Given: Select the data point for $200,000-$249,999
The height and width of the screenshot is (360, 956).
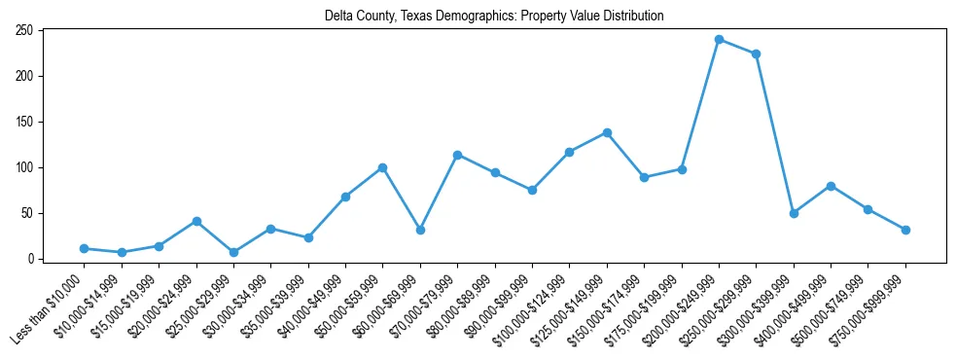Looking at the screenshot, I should (719, 39).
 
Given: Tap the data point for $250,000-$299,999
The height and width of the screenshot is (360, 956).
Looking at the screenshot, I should (756, 54).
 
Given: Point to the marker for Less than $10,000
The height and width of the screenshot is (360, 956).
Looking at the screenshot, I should (85, 248).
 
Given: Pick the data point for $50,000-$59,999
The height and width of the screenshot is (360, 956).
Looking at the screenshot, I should (383, 167).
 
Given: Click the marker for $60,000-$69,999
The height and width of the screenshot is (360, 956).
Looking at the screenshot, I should (420, 230).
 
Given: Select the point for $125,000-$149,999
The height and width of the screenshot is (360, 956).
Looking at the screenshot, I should (607, 132).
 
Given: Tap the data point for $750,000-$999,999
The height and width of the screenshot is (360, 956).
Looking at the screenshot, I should (905, 230).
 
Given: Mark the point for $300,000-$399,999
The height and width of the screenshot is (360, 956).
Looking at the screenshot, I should (794, 213).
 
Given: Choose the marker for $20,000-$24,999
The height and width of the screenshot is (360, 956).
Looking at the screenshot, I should (196, 221).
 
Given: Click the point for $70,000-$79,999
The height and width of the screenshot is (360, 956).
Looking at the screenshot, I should (457, 155).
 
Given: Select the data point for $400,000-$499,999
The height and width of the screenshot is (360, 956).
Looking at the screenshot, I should (831, 186).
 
